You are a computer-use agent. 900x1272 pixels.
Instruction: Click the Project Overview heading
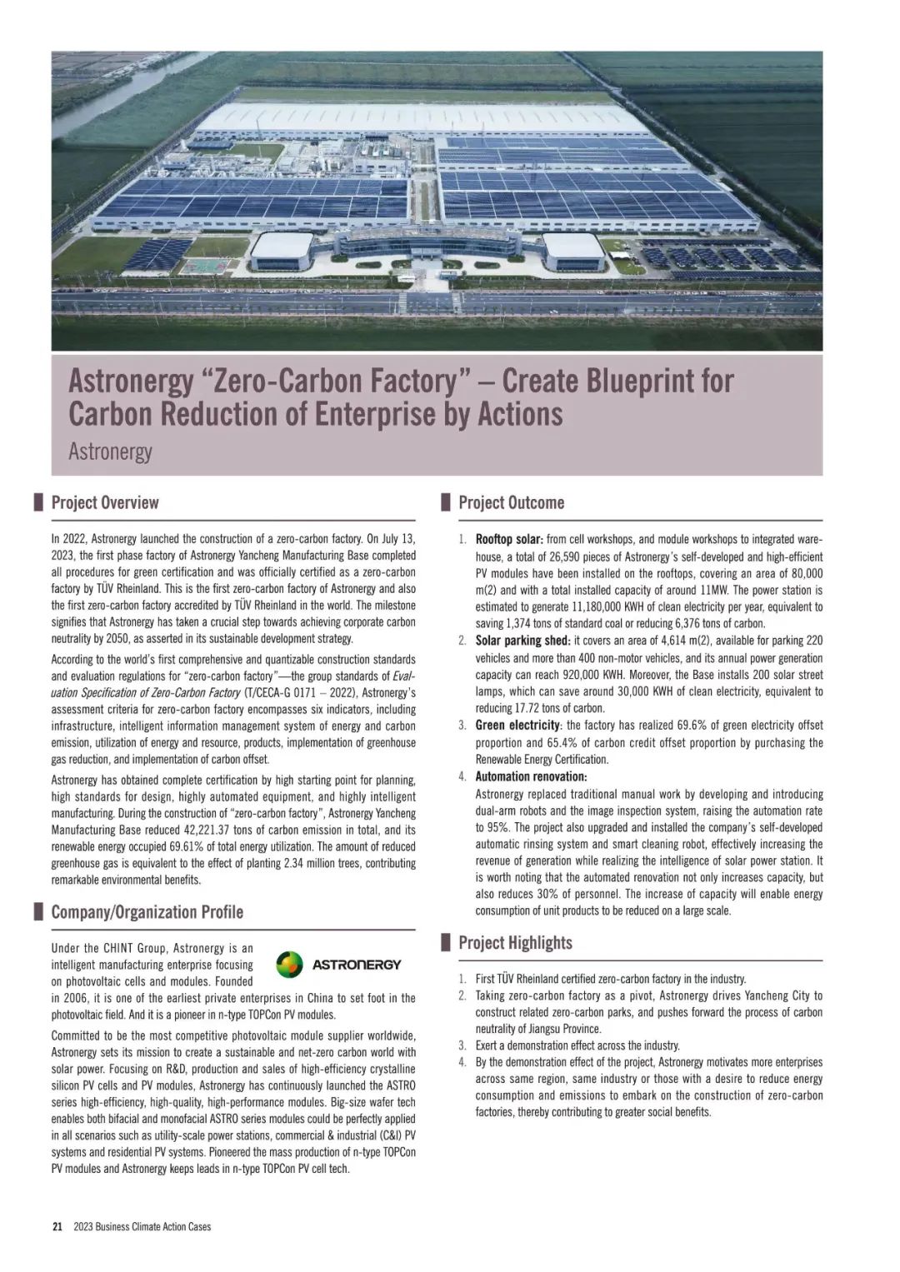click(x=104, y=502)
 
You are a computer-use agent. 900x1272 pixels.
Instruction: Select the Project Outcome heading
click(x=511, y=502)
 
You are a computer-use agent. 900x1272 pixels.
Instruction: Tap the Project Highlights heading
click(x=515, y=942)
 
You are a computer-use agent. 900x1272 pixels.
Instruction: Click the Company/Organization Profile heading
click(x=147, y=911)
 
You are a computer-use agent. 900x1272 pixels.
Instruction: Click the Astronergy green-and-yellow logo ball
click(x=289, y=965)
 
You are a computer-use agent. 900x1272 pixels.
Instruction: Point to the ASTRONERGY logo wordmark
click(x=356, y=965)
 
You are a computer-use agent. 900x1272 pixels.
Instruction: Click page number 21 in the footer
click(x=57, y=1226)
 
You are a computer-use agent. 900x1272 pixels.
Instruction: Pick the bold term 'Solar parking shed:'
click(x=522, y=641)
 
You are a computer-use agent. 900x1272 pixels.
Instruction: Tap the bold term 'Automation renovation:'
click(x=531, y=777)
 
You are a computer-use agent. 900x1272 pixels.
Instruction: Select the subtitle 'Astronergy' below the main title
click(x=110, y=451)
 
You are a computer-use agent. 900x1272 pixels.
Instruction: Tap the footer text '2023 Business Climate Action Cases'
click(x=142, y=1226)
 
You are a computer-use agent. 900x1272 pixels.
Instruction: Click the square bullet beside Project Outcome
click(x=444, y=502)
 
